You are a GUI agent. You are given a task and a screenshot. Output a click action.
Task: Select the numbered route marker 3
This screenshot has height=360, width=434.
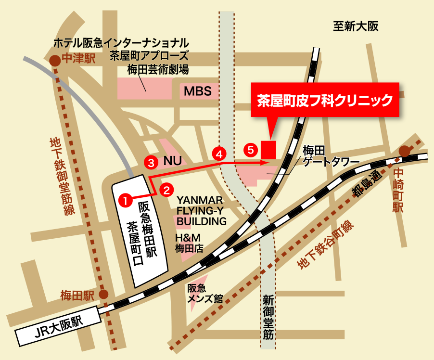tap(152, 163)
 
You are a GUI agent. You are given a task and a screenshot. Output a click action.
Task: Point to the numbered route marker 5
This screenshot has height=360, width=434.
tap(249, 149)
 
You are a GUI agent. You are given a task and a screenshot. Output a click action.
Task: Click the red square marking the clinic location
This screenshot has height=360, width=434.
tap(268, 150)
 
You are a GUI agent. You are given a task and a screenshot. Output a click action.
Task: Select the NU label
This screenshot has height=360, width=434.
tap(172, 162)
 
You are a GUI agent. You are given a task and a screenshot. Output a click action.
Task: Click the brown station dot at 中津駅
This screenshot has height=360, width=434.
tap(55, 60)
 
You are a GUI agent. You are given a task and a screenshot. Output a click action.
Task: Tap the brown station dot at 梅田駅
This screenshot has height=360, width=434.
tap(103, 294)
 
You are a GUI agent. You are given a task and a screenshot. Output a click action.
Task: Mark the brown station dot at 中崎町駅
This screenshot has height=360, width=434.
tap(405, 151)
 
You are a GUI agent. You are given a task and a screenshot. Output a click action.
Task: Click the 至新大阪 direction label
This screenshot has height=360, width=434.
tap(356, 26)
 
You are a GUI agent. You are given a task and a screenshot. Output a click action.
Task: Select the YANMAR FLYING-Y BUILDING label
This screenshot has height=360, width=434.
tap(202, 210)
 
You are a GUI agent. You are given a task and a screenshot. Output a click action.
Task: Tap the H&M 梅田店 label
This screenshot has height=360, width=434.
tap(188, 243)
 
